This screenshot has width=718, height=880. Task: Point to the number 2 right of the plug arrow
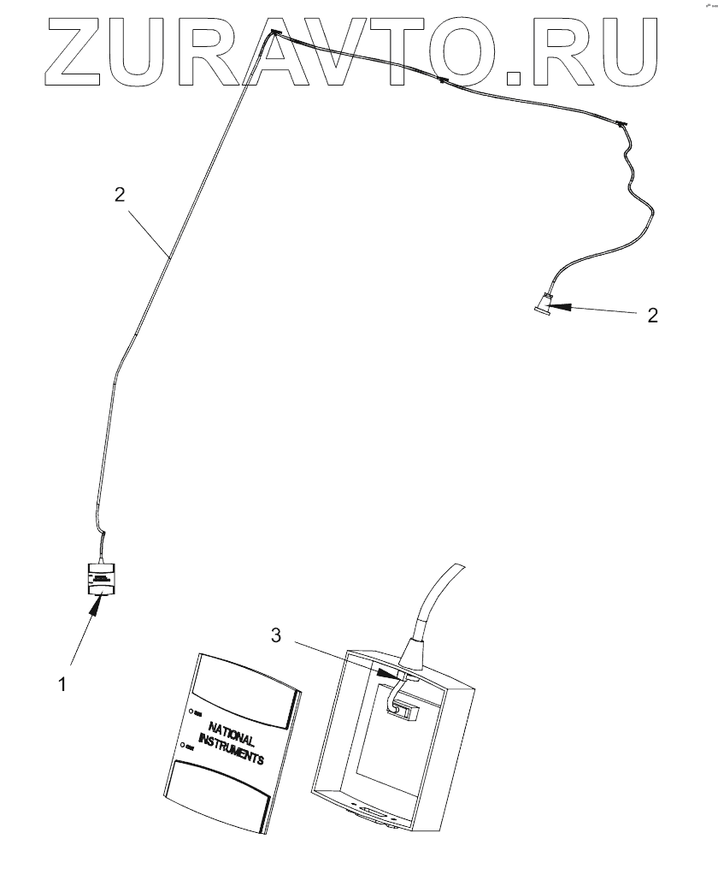click(x=652, y=315)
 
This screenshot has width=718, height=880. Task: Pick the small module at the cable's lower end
click(x=103, y=579)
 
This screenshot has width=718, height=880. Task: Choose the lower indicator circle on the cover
click(x=181, y=746)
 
